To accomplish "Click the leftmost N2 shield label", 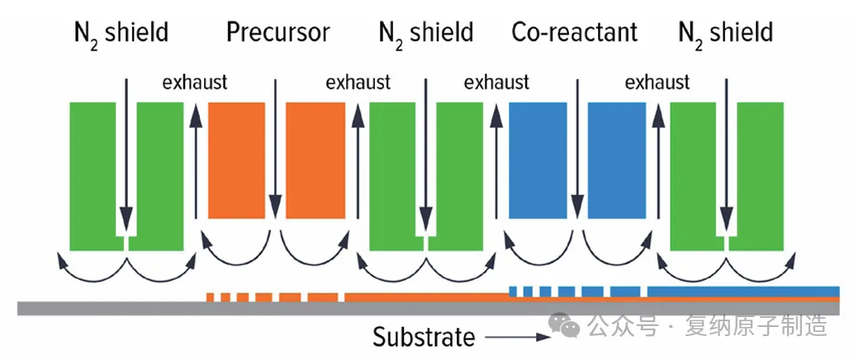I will tap(121, 33).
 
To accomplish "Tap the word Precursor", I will tap(278, 33).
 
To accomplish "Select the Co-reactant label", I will tap(575, 33).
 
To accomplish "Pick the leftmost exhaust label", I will tap(194, 83).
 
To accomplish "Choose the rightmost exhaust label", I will tap(657, 83).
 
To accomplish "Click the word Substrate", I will tap(424, 337).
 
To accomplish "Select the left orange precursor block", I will tap(235, 159).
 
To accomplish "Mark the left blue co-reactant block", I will tap(536, 159).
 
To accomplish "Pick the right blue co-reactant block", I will tap(614, 159).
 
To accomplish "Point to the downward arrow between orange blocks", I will tap(275, 149).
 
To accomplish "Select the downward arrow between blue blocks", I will tap(576, 149).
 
